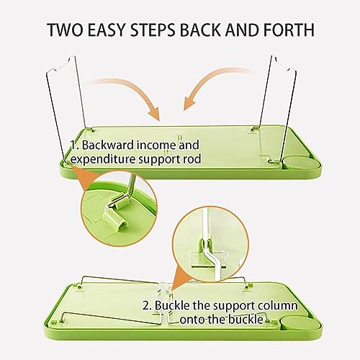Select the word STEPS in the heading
[153, 30]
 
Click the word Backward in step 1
[108, 145]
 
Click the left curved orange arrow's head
[154, 113]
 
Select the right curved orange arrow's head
[189, 102]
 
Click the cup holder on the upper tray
[302, 163]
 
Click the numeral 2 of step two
[146, 306]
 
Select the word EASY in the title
[107, 30]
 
